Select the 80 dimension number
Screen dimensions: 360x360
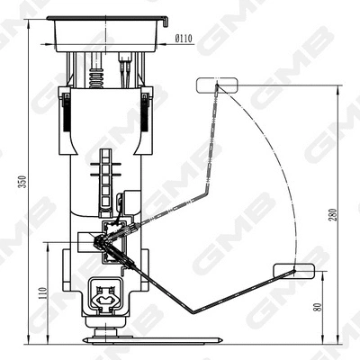tap(318, 305)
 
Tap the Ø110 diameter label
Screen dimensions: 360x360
tap(184, 39)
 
